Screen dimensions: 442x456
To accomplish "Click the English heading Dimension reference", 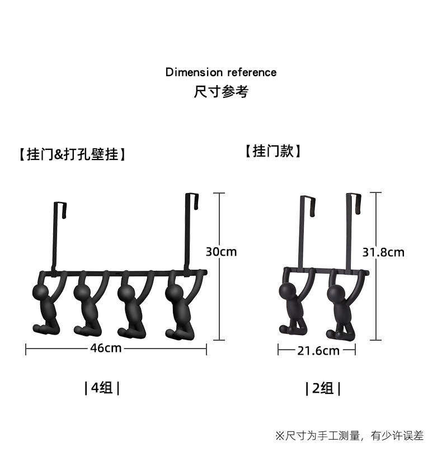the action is pos(221,72).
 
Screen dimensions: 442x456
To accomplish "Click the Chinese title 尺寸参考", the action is pos(221,92).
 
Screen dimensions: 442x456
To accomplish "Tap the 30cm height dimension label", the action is pos(222,252).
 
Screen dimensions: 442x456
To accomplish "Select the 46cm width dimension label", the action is pos(106,348).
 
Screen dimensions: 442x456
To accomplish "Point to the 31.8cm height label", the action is pos(383,252).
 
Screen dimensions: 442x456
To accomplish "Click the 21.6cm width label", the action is pos(318,351).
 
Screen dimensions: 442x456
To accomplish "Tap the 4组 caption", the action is pos(102,388).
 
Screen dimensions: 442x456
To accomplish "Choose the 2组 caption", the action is pos(323,388).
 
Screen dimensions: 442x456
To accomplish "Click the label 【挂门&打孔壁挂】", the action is pos(72,154).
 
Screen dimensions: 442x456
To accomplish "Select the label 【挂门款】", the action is pos(273,151).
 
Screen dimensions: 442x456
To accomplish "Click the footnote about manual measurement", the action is pos(349,436).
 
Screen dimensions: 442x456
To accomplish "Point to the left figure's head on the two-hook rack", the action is pos(288,291).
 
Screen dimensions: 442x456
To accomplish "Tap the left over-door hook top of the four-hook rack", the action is pos(60,204).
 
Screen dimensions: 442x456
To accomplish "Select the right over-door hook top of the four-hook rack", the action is pos(192,195).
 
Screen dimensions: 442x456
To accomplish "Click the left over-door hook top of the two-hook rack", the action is pos(308,198).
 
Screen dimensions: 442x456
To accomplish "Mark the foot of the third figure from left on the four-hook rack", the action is pos(123,332).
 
